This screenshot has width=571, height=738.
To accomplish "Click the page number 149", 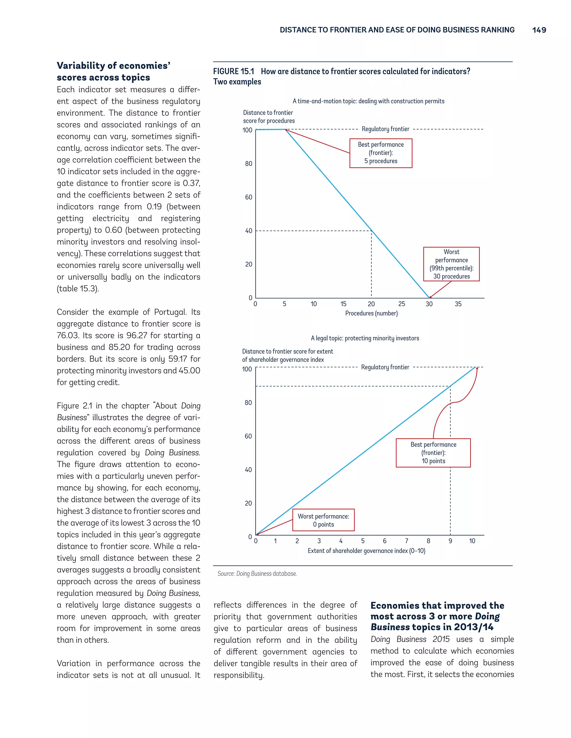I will coord(539,30).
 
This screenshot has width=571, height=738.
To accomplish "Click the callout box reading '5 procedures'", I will coord(381,153).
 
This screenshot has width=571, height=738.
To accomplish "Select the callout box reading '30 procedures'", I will coord(451,264).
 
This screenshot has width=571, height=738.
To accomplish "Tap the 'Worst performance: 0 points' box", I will coord(323,520).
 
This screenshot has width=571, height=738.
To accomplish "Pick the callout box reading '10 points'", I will coord(433,453).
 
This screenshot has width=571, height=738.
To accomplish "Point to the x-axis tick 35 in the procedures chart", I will coord(458,304).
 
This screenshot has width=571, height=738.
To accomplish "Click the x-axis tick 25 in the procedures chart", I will coord(401,304).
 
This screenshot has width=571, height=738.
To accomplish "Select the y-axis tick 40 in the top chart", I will coord(249,231).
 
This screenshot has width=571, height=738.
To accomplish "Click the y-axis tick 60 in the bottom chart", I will coord(248,436).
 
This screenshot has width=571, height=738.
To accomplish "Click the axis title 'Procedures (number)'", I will coord(371,313).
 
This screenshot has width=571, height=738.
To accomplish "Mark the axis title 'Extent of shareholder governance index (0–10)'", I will coord(366,551).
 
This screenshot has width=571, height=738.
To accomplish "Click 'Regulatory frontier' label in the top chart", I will coord(385,129).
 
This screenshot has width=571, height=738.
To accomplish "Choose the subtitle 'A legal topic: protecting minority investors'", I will coord(365,338).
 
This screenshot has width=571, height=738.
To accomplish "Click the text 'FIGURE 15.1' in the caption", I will coord(233,72).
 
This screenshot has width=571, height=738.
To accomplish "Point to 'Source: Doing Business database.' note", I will coord(257,573).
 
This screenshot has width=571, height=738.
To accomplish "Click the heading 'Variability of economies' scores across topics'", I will coord(113,71).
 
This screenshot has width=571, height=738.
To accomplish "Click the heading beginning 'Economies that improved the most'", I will coord(437,616).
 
